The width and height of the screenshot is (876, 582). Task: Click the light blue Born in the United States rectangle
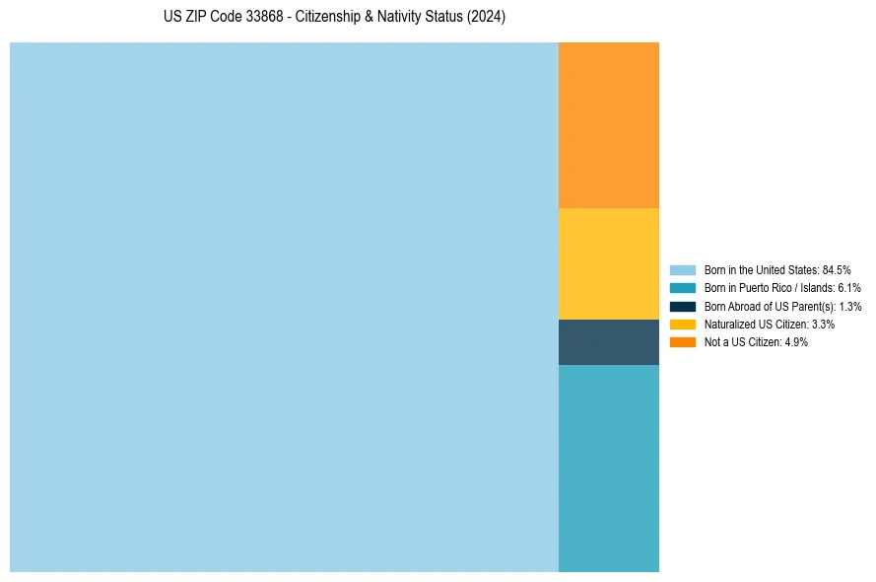[284, 307]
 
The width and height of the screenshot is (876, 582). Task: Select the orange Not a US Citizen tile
[608, 125]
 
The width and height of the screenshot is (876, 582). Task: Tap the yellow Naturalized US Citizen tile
[608, 263]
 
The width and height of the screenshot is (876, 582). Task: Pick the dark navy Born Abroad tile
[608, 342]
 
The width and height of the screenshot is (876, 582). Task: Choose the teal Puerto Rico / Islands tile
[608, 468]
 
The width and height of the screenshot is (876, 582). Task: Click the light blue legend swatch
[682, 270]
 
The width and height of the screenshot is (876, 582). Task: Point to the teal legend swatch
[682, 288]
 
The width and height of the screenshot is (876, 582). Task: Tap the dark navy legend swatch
[682, 307]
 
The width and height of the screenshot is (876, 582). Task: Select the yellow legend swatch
[682, 325]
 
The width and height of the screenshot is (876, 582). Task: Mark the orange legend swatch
[682, 342]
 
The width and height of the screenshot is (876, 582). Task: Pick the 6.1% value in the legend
[849, 288]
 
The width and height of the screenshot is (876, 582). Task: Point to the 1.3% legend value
[850, 307]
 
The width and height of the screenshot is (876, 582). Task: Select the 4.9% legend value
[796, 342]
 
